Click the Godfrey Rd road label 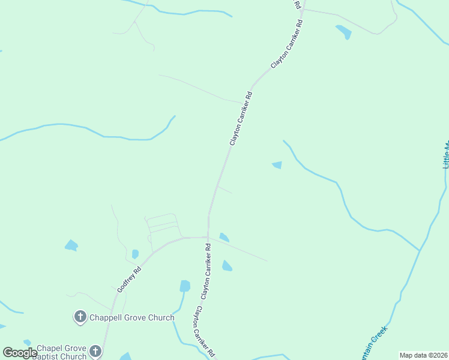pyautogui.click(x=129, y=278)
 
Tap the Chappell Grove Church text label pyautogui.click(x=132, y=317)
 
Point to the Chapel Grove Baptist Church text pyautogui.click(x=62, y=352)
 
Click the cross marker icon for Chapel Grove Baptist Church pyautogui.click(x=95, y=351)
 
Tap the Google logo pyautogui.click(x=20, y=353)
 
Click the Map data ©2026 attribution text pyautogui.click(x=423, y=355)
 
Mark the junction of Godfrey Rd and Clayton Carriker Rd pyautogui.click(x=208, y=238)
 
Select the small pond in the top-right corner pyautogui.click(x=344, y=32)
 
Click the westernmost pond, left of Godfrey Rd pyautogui.click(x=71, y=245)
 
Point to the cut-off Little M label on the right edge pyautogui.click(x=445, y=155)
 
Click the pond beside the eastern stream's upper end pyautogui.click(x=277, y=165)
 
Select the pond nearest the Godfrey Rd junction pyautogui.click(x=224, y=237)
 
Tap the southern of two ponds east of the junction pyautogui.click(x=227, y=266)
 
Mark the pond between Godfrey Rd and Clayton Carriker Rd pyautogui.click(x=185, y=286)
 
